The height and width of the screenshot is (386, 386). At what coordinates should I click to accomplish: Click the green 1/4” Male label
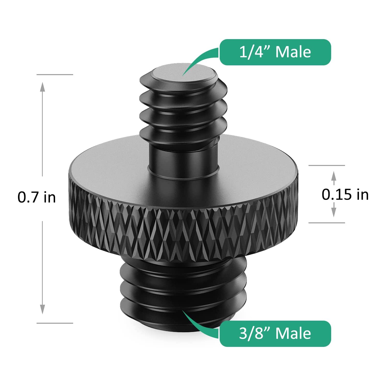point(275,52)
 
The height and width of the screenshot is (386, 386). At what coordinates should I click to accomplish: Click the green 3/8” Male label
point(275,334)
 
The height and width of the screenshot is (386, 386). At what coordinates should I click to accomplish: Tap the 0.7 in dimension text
point(37,197)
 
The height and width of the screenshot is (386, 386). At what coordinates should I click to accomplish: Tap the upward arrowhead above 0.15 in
point(334,176)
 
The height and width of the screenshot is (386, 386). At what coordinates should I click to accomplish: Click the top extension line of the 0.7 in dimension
point(55,75)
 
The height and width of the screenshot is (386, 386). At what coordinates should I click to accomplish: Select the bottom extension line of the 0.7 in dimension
point(55,323)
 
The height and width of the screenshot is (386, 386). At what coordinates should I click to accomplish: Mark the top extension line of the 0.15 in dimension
point(327,165)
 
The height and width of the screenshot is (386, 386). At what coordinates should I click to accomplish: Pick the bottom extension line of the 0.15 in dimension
point(327,223)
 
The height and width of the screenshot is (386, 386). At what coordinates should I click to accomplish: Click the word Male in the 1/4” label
point(293,52)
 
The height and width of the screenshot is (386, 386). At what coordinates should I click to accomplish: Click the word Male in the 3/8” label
point(293,334)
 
